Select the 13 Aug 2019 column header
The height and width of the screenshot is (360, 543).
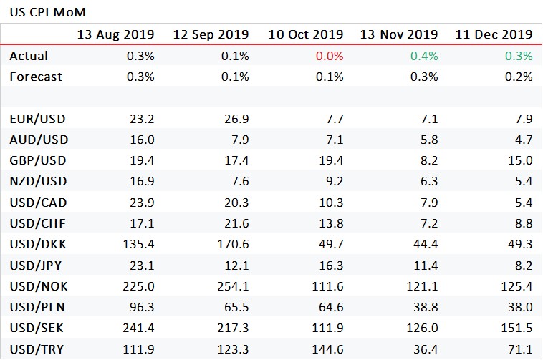tap(115, 34)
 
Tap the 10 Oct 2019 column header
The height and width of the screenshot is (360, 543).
tap(306, 34)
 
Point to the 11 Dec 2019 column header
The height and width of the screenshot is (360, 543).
tap(494, 34)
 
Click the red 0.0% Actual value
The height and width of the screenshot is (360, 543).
tap(329, 56)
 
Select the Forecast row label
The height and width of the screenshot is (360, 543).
tap(36, 77)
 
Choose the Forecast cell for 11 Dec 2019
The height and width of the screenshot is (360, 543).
tap(518, 77)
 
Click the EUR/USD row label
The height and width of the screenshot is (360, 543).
tap(37, 119)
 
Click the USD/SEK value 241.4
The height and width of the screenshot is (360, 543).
tap(138, 329)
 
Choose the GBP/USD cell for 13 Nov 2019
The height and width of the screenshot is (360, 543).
tap(428, 161)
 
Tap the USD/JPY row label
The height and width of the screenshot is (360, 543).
tap(36, 266)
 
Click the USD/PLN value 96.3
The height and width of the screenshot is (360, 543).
tap(140, 308)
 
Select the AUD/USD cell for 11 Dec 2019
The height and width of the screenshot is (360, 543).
tap(522, 140)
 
